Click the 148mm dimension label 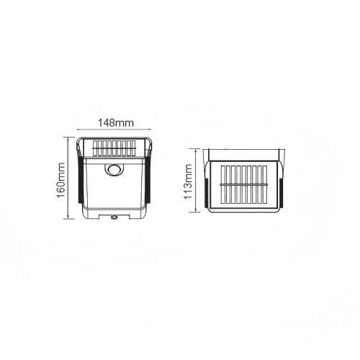coord(116,123)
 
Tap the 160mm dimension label coord(60,180)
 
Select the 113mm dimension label coord(188,181)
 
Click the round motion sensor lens coord(114,170)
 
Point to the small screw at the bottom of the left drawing coord(114,217)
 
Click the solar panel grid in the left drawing coord(114,148)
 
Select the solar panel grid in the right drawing coord(244,184)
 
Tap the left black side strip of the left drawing coord(80,179)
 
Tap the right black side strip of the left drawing coord(148,179)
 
